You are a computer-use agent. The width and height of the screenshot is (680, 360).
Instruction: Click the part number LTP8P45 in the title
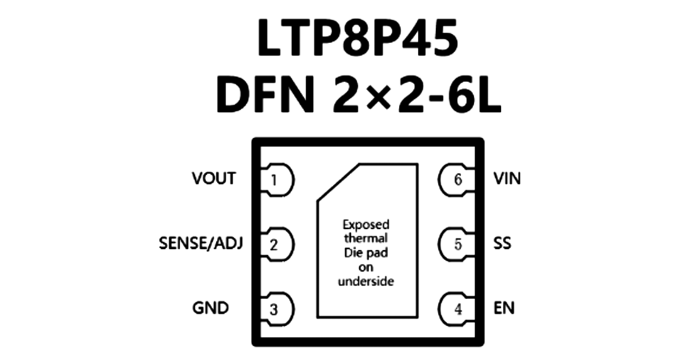[358, 38]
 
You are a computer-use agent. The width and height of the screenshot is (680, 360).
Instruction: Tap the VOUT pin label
[214, 178]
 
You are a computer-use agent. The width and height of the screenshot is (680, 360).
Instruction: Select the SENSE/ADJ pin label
[201, 244]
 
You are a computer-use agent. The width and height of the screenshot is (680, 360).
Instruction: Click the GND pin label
[210, 308]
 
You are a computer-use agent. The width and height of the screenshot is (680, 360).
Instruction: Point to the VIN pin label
[507, 178]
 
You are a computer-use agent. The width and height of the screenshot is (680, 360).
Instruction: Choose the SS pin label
[502, 244]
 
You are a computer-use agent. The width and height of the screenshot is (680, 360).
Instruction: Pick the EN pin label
[504, 308]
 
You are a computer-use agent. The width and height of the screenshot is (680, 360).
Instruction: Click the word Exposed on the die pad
[366, 225]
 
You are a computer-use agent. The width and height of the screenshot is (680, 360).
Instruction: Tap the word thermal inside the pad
[366, 238]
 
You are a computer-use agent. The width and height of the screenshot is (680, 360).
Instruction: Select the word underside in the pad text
[366, 281]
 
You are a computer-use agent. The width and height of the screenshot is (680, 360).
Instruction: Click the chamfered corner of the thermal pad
[338, 182]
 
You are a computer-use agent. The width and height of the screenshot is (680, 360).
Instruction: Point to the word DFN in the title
[265, 94]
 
